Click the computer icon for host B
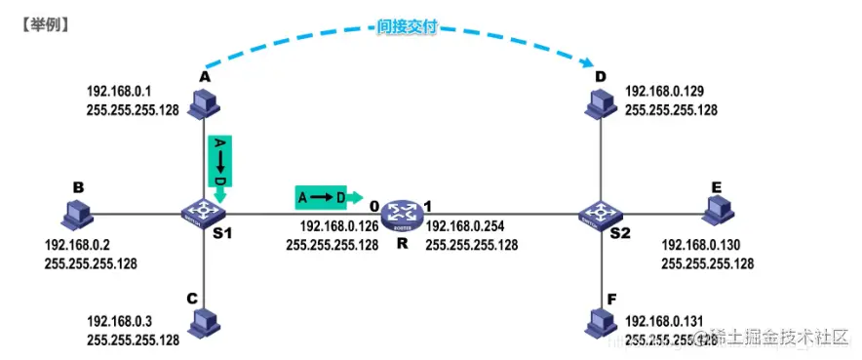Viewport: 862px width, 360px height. [75, 212]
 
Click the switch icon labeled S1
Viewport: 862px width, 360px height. [203, 211]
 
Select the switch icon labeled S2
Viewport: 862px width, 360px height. [593, 212]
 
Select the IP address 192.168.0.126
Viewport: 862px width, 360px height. [333, 226]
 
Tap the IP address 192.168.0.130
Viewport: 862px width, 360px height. [706, 245]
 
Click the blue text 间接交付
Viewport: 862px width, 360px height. [405, 28]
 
